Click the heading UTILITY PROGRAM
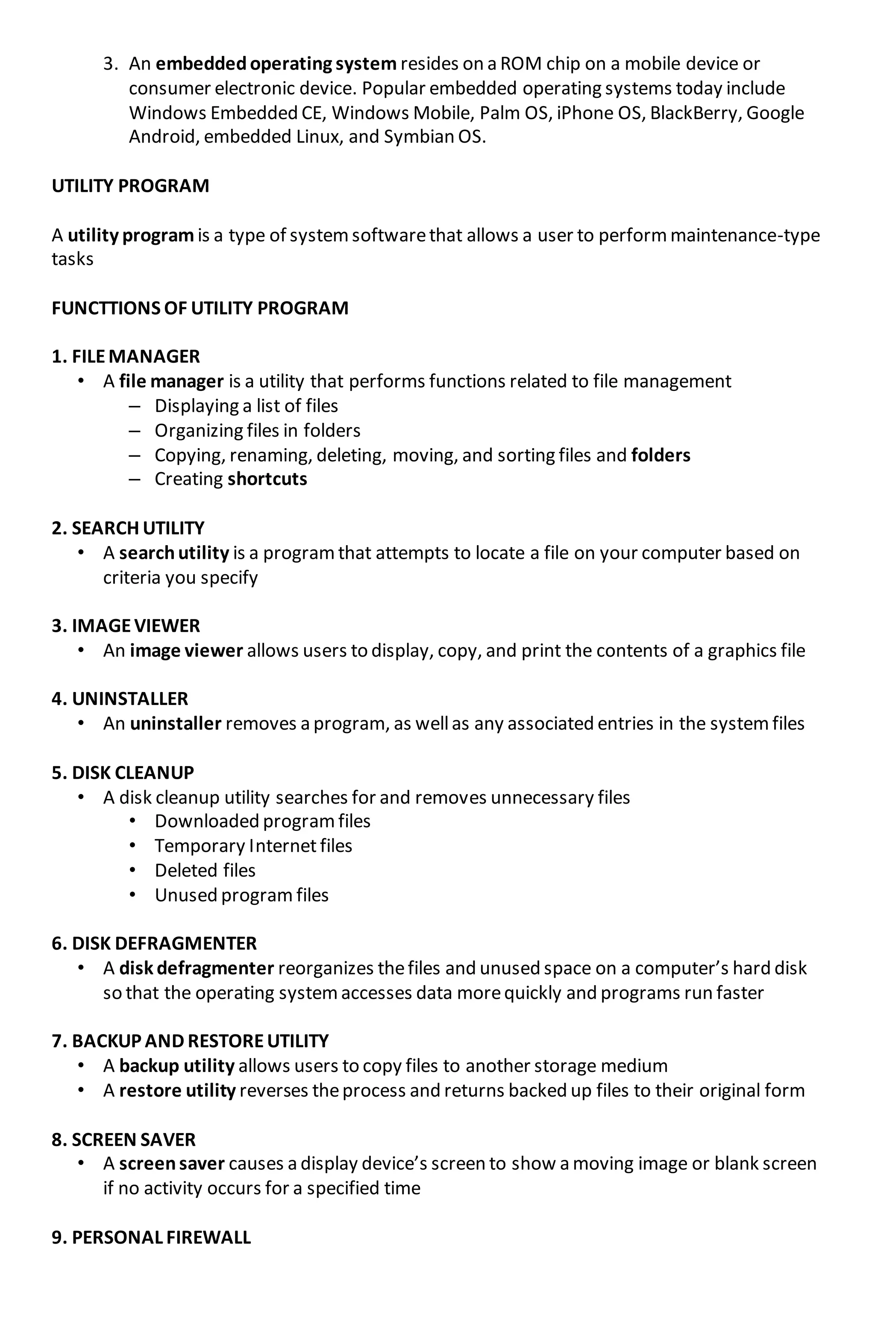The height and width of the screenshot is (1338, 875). tap(130, 186)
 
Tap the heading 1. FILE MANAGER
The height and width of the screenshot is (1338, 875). tap(126, 356)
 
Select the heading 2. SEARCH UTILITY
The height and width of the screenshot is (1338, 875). tap(128, 528)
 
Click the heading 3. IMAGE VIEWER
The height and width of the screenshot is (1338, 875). tap(126, 626)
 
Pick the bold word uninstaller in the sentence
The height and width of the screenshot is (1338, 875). tap(176, 724)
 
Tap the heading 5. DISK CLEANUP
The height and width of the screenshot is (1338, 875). tap(123, 773)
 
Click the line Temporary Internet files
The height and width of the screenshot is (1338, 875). tap(253, 846)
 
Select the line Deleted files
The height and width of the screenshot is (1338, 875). tap(205, 871)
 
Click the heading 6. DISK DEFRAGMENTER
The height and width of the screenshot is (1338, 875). tap(154, 943)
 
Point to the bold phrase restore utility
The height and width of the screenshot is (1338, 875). tap(177, 1091)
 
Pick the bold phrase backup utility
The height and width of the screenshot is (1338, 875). tap(176, 1066)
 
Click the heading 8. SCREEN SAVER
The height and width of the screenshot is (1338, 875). tap(124, 1139)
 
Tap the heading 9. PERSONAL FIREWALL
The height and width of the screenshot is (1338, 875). tap(151, 1237)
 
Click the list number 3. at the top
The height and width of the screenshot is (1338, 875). tap(110, 64)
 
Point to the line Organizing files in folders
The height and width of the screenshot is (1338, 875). tap(257, 431)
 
